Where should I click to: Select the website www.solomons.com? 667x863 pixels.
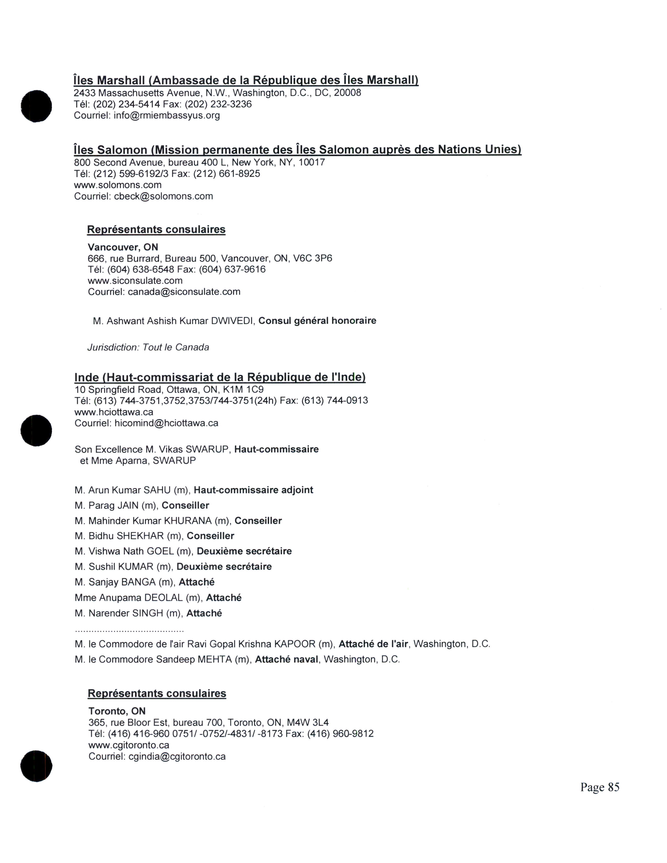(x=118, y=185)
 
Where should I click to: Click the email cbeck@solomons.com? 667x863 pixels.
(x=163, y=196)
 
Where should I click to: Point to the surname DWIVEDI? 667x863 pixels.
(x=232, y=321)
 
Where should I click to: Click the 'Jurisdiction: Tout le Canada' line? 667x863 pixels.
(x=148, y=347)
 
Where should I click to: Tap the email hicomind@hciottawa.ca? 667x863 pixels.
(x=166, y=423)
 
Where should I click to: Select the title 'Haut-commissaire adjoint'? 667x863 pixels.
(x=253, y=490)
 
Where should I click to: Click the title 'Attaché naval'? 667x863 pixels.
(x=286, y=660)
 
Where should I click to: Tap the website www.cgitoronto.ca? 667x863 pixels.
(x=129, y=745)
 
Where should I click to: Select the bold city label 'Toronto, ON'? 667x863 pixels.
(x=117, y=711)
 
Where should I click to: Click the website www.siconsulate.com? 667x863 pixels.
(x=135, y=281)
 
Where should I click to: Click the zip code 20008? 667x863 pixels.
(x=347, y=93)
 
